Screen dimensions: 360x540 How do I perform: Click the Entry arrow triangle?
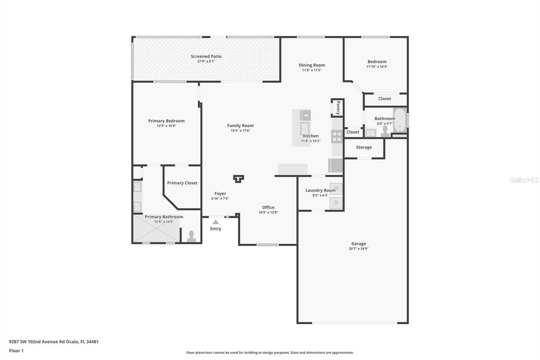click(216, 222)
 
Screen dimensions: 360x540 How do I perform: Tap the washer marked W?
click(336, 188)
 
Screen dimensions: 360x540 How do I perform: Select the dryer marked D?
click(336, 203)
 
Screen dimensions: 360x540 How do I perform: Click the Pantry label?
click(338, 108)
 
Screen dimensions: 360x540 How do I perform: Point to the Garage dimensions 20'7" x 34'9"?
click(358, 249)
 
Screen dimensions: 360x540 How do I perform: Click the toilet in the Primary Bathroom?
click(191, 236)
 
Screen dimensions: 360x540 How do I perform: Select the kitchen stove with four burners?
click(337, 136)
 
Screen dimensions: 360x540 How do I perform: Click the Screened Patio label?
click(206, 56)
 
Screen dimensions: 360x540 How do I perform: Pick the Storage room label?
click(364, 147)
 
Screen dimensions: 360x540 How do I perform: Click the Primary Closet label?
click(182, 183)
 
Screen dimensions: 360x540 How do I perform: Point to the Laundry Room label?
click(320, 190)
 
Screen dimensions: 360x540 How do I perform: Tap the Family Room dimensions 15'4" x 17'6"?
click(240, 131)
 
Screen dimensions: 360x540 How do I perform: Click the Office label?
click(268, 207)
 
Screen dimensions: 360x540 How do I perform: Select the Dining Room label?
click(312, 65)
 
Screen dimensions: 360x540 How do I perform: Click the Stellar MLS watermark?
click(524, 180)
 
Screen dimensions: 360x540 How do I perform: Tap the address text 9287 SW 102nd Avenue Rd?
click(54, 341)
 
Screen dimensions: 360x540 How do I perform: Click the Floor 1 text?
click(16, 351)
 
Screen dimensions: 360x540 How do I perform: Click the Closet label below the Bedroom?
click(384, 99)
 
